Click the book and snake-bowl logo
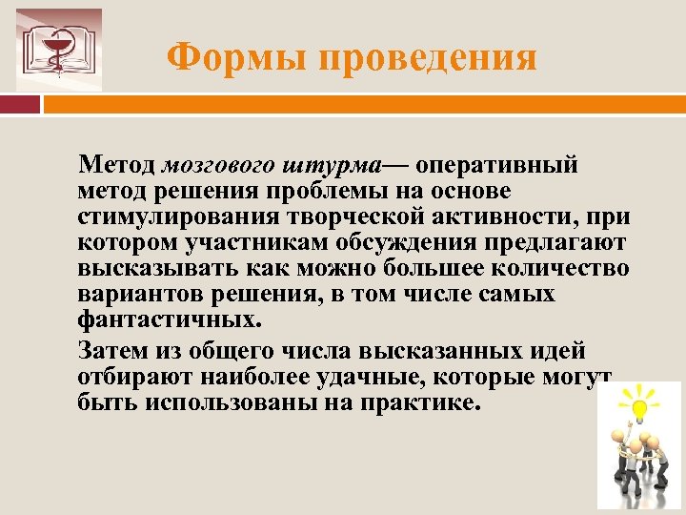coord(59,50)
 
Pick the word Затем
coord(112,349)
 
